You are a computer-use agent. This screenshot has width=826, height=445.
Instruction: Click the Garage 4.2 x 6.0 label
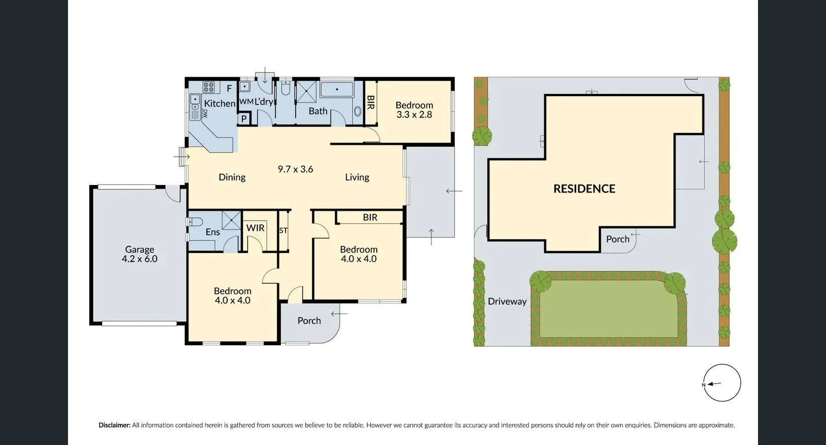140,254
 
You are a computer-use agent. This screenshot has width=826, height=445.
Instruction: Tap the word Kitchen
220,103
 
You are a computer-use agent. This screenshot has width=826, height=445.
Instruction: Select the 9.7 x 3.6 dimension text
295,169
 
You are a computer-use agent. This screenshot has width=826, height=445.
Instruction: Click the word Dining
232,177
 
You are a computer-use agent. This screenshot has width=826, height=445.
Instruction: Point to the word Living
357,177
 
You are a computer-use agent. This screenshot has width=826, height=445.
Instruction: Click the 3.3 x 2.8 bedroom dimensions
414,114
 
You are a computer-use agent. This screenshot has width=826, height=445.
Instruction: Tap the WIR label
255,228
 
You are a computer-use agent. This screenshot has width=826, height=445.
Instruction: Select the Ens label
213,232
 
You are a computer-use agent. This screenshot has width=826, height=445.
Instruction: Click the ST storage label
283,230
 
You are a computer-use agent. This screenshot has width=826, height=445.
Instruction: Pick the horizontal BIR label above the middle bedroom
370,217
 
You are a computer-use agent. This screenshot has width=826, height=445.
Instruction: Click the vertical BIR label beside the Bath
370,102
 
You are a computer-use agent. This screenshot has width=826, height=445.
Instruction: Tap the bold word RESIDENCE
584,188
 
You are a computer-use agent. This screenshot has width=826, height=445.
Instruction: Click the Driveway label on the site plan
507,301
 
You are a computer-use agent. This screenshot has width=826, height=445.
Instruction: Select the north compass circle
722,383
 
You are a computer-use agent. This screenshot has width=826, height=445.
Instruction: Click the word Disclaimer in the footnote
114,425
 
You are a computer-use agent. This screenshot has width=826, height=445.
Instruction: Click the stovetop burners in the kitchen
209,87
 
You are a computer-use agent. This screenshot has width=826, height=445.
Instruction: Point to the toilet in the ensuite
195,222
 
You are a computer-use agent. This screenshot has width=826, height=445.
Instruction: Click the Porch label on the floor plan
309,321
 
